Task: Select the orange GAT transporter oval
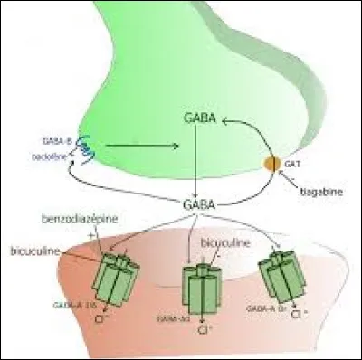pyautogui.click(x=270, y=166)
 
